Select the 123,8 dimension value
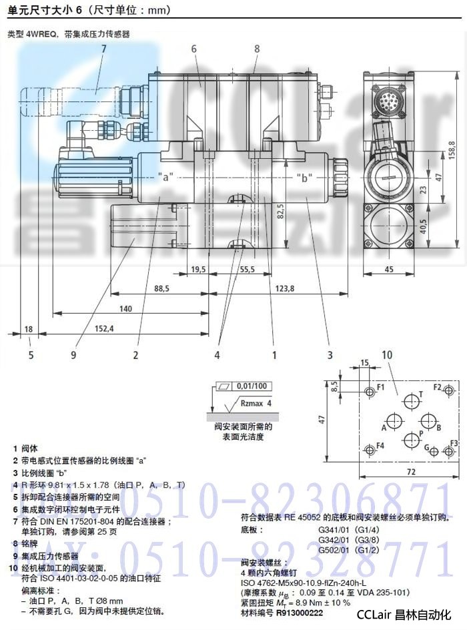[283, 288]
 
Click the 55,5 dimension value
[247, 269]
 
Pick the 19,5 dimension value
[198, 269]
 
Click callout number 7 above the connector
[103, 48]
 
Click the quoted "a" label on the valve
[166, 177]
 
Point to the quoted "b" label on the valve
[305, 177]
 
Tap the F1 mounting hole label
[381, 387]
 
